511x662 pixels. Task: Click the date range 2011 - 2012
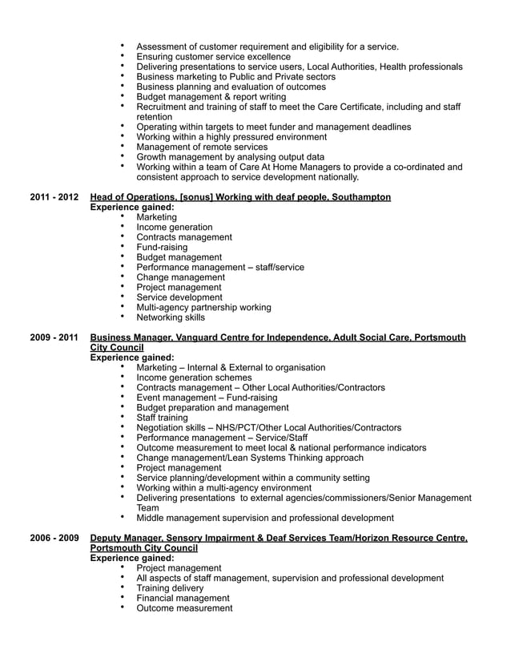54,197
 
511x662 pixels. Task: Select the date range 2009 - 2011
54,338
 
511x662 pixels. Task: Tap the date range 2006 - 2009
54,539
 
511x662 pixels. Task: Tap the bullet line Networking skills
171,317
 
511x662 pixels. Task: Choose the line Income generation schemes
194,377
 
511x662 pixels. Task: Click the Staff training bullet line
163,418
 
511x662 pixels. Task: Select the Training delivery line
170,588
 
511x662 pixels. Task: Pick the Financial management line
183,598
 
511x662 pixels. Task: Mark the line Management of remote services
202,147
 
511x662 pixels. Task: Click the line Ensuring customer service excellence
214,57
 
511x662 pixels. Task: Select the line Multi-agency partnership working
203,307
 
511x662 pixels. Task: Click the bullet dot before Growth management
123,156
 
